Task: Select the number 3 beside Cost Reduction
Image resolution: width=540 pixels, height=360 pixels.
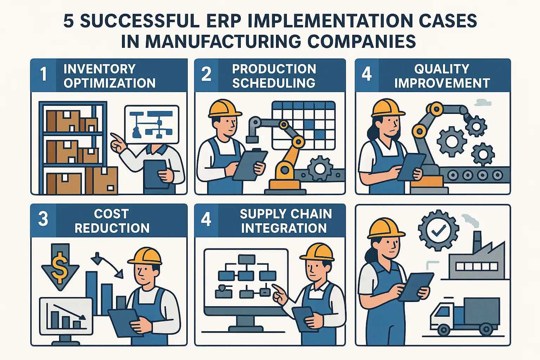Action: click(x=43, y=219)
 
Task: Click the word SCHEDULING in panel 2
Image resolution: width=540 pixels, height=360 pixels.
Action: click(x=274, y=83)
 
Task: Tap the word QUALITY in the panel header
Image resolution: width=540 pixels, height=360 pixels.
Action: click(x=442, y=69)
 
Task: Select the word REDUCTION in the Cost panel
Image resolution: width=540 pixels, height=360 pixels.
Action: click(x=112, y=228)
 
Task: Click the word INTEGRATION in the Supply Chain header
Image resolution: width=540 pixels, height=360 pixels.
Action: click(x=284, y=228)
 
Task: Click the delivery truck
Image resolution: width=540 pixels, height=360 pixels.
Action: click(x=465, y=316)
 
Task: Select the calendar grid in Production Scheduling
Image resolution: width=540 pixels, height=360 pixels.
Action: click(x=303, y=126)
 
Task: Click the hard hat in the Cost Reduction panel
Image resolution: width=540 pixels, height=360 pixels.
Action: click(x=145, y=256)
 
